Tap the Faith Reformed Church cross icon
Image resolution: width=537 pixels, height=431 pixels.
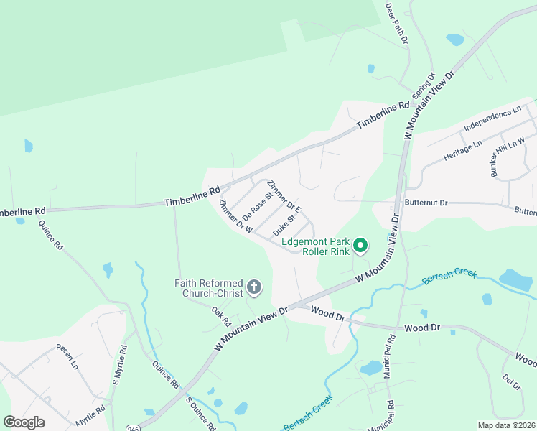click(x=253, y=288)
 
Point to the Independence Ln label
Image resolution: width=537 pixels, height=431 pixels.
click(x=492, y=119)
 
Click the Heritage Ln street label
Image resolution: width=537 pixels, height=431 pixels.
click(x=464, y=149)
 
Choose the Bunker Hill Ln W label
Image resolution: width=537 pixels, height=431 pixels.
click(x=508, y=157)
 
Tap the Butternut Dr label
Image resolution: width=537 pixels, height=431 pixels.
click(x=426, y=203)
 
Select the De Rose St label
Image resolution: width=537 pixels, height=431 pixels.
click(x=258, y=205)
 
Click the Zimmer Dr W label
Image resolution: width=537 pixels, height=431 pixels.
click(x=236, y=216)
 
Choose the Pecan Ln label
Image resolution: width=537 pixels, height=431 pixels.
click(x=67, y=356)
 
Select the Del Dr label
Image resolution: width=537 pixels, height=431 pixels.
click(x=512, y=382)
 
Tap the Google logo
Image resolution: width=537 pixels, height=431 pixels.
click(x=24, y=422)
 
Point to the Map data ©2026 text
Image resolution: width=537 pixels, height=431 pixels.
click(x=505, y=425)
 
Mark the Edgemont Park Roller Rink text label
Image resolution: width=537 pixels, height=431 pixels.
click(x=315, y=246)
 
